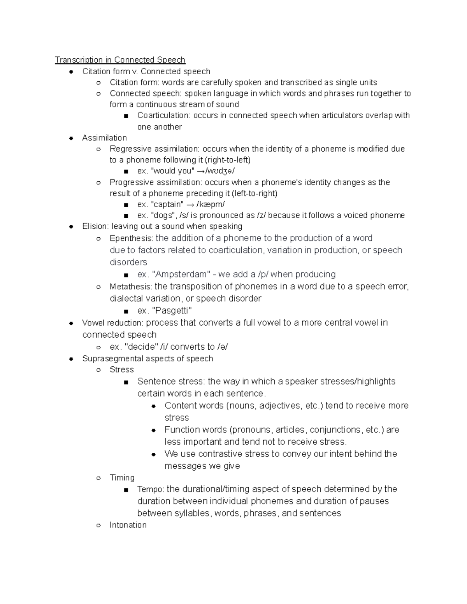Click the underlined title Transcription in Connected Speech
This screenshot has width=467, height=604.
coord(120,60)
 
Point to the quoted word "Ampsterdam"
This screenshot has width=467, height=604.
coord(181,275)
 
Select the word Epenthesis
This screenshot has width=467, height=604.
coord(131,238)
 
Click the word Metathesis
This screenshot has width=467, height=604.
coord(130,287)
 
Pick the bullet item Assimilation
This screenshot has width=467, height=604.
coord(104,138)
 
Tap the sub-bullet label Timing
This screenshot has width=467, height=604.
coord(122,478)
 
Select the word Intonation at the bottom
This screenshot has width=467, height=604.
coord(128,525)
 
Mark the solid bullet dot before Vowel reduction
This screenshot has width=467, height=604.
coord(71,323)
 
